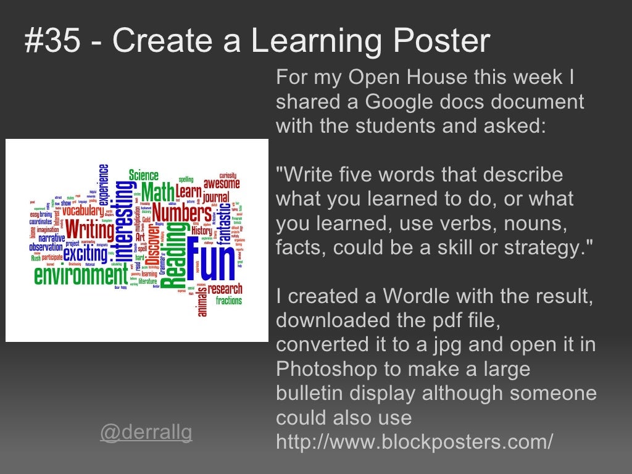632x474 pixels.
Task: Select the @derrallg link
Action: [x=146, y=433]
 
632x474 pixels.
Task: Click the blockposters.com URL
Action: [x=414, y=441]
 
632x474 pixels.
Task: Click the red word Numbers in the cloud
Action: [x=182, y=214]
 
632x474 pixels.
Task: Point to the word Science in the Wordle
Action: [x=143, y=175]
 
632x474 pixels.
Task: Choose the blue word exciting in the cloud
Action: [x=85, y=254]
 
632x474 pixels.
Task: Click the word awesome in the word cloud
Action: [x=222, y=183]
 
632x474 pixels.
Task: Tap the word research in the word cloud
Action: [x=225, y=289]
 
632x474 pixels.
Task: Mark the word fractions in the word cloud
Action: [x=228, y=301]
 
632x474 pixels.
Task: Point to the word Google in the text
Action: [x=394, y=102]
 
